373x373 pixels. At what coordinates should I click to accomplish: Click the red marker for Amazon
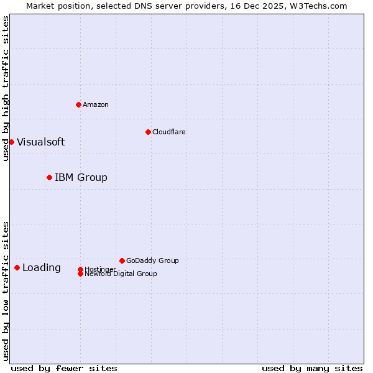point(78,104)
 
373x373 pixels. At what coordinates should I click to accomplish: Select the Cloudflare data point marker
point(148,132)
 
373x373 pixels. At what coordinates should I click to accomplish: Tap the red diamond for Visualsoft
point(11,142)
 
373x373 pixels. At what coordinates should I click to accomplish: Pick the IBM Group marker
point(49,177)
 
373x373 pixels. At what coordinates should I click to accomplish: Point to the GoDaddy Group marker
point(122,260)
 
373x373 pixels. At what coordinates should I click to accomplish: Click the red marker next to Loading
point(17,267)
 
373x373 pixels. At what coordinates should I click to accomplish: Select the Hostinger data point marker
point(80,269)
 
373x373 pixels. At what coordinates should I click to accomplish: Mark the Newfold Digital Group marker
point(80,274)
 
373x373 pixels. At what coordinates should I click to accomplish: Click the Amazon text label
point(96,104)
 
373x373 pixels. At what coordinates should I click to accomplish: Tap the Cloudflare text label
point(168,132)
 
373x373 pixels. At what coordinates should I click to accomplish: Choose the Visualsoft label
point(40,142)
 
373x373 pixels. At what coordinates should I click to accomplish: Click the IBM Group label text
point(81,177)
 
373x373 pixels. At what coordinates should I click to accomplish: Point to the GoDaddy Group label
point(152,260)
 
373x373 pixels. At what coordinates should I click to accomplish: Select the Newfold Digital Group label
point(121,274)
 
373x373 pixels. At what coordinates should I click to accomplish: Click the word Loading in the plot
point(42,267)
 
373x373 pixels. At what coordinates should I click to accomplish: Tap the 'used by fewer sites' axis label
point(64,368)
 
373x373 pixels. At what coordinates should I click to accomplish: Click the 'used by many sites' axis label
point(312,368)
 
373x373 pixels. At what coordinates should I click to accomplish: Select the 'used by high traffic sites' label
point(6,88)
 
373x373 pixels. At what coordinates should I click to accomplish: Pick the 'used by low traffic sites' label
point(6,290)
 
